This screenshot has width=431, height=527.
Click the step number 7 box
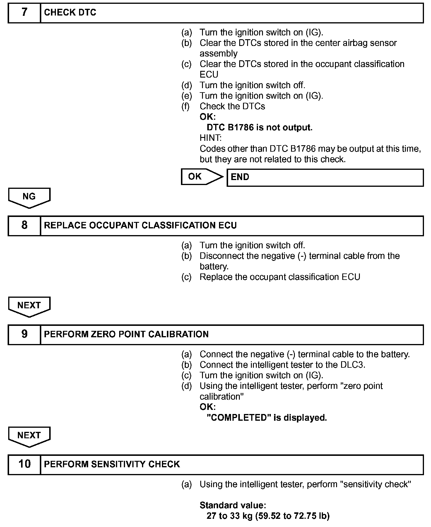pos(24,13)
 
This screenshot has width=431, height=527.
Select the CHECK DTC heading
pos(70,13)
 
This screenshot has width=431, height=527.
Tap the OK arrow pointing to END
pos(201,177)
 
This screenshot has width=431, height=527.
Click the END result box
pos(325,177)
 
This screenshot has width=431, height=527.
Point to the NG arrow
pos(29,197)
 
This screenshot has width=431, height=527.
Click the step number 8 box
pos(24,225)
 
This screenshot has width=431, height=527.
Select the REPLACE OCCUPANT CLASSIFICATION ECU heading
pos(140,225)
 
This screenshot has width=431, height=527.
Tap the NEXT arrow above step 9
pos(29,306)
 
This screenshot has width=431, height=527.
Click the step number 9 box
pos(24,334)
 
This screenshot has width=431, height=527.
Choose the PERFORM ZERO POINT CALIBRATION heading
pos(126,334)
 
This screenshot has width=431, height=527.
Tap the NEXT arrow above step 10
pos(29,436)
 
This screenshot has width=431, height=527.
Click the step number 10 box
pos(24,464)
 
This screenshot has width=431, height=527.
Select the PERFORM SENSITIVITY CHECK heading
pos(112,464)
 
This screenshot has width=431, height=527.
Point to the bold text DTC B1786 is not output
pos(259,128)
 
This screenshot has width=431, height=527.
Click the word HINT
pos(211,138)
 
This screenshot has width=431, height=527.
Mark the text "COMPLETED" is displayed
pos(266,418)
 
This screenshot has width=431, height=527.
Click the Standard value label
pos(233,505)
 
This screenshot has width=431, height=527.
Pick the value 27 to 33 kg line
pos(268,516)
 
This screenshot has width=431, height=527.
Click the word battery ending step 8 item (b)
pos(213,267)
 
